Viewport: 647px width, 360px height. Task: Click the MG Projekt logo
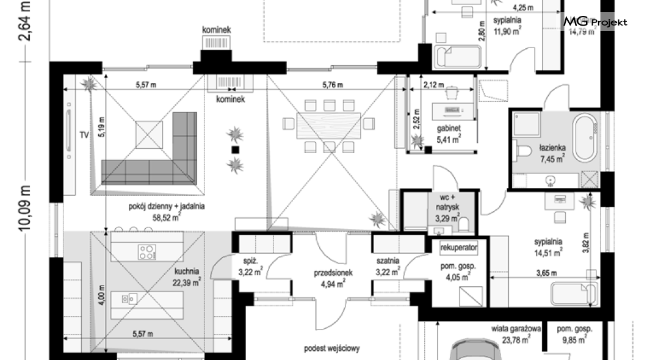(595, 21)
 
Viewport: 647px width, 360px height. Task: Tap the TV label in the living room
(84, 135)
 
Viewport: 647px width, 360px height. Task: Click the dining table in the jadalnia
(328, 126)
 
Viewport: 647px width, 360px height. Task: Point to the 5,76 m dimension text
(333, 85)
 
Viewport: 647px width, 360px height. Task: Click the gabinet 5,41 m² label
(449, 134)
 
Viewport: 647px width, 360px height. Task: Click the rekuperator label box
(459, 247)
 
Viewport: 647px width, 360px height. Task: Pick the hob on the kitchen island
(147, 252)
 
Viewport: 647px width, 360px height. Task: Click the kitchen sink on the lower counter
(129, 298)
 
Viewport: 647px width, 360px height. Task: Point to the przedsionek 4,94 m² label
(333, 278)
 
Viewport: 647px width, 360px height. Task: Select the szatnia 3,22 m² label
(388, 267)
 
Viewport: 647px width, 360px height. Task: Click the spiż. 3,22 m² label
(250, 267)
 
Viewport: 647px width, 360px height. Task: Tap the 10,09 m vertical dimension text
(25, 207)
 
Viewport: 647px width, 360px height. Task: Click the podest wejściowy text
(332, 348)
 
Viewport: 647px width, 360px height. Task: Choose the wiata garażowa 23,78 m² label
(516, 334)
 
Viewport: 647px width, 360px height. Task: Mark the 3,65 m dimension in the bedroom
(546, 273)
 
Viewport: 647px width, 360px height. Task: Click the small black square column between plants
(235, 149)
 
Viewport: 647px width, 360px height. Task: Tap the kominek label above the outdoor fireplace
(216, 30)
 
